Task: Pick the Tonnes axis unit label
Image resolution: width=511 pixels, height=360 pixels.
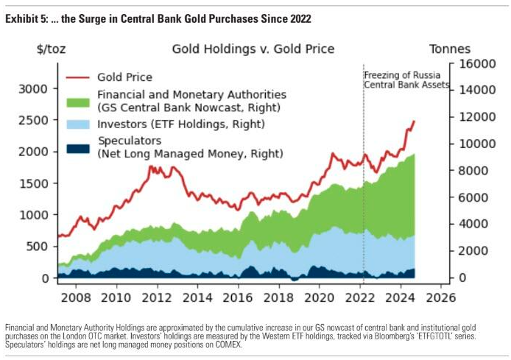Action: point(451,49)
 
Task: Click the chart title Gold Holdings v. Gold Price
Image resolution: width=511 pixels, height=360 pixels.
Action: point(253,49)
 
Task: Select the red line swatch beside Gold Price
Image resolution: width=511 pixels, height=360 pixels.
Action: point(80,77)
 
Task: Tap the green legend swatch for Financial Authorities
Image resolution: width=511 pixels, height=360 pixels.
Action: point(80,101)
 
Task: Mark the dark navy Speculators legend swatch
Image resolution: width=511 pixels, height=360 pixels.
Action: point(80,147)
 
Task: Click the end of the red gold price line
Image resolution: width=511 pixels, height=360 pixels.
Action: point(414,121)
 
